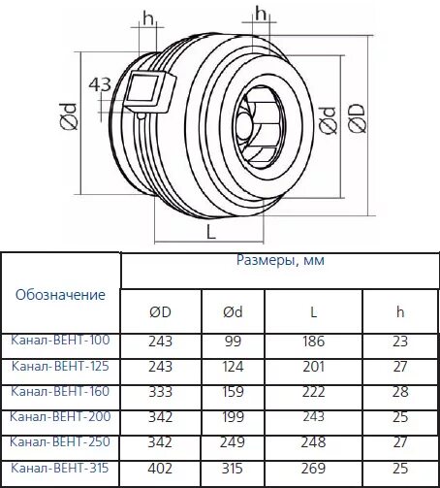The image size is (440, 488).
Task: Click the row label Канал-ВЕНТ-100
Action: coord(60,341)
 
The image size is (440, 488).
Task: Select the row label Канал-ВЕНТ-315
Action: coord(60,468)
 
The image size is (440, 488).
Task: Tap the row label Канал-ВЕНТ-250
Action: coord(60,441)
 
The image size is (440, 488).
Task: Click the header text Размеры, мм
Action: coord(280,261)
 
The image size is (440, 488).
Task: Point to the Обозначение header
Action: coord(60,293)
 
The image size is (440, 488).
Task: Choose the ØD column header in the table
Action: coord(160,311)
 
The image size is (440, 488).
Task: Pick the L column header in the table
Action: coord(314,311)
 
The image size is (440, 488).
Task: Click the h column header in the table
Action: coord(399,311)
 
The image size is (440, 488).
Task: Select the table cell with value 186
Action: coord(314,342)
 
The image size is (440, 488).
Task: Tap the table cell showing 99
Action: coord(233,342)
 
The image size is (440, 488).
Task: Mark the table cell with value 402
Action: coord(160,469)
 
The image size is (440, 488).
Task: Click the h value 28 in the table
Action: coord(399,392)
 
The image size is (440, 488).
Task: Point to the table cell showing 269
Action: coord(314,469)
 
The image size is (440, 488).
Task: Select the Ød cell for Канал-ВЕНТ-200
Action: coord(233,417)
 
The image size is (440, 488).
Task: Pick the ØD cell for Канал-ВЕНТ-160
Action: coord(160,392)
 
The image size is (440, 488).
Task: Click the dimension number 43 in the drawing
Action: coord(99,84)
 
